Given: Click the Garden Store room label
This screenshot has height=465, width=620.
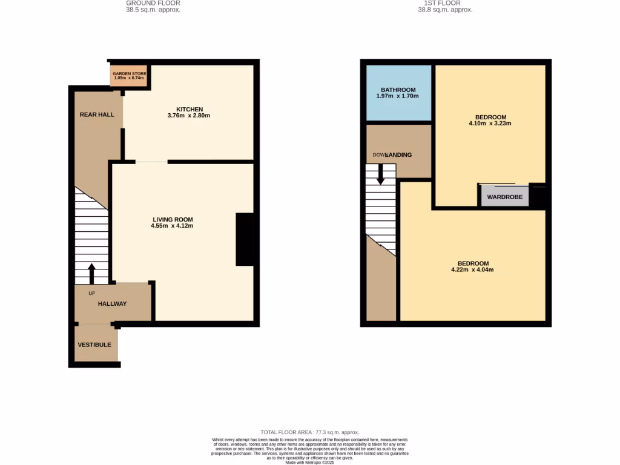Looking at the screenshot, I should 129,73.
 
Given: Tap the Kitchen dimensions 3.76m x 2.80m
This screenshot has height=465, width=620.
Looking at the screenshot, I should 189,116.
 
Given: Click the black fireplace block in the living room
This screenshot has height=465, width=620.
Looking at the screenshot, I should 245,239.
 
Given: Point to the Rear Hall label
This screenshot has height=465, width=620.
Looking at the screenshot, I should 97,114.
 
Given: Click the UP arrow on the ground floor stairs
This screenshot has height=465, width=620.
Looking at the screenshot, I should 92,273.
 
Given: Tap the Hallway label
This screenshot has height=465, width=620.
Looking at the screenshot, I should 113,304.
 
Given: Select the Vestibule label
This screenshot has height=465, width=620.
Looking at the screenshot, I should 94,345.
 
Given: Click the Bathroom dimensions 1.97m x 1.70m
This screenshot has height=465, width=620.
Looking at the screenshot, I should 398,96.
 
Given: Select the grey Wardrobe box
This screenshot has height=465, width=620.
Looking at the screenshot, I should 504,197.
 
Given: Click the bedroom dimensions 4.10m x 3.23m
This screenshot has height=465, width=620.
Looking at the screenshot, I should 490,124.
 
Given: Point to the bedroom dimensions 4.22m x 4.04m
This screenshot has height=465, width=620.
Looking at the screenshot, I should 473,270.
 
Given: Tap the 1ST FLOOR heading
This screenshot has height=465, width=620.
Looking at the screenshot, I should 445,3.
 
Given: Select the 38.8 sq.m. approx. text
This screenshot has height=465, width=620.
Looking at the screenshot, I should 445,10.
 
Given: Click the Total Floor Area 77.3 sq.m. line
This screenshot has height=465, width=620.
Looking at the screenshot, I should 309,432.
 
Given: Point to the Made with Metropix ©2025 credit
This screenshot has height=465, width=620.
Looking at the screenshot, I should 309,462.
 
